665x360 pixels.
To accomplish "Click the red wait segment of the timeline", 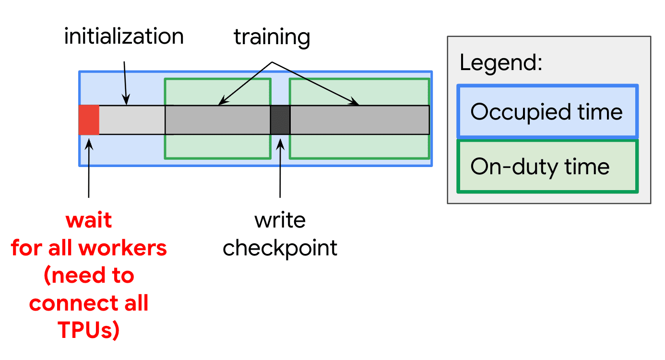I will (x=89, y=120).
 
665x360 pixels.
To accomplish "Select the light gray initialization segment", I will (x=131, y=120).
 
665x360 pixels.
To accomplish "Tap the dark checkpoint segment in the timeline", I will (x=280, y=120).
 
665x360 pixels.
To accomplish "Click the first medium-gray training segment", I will (x=217, y=120).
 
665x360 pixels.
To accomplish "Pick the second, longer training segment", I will (x=359, y=120).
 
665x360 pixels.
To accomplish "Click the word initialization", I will (x=124, y=37).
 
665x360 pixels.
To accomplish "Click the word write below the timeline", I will (x=280, y=220).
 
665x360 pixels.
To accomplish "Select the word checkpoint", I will (x=280, y=248).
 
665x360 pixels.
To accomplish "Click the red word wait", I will (x=89, y=220).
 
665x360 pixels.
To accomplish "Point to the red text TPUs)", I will (x=89, y=331).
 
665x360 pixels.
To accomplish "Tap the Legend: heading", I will (x=500, y=62).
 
